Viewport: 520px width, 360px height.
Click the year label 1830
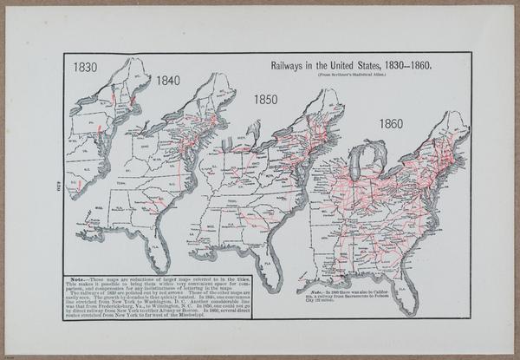coord(86,67)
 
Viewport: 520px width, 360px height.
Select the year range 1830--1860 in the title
coord(404,65)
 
